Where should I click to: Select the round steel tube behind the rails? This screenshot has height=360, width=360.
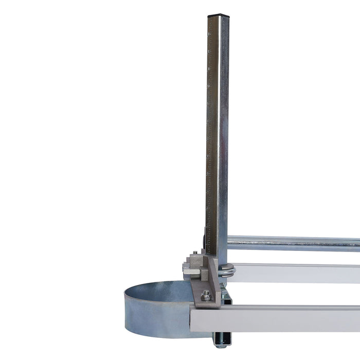pos(293,243)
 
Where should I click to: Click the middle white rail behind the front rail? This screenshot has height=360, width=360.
pos(298,273)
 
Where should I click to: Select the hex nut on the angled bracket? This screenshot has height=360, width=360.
pos(206,295)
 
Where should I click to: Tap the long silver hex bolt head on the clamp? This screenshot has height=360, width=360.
pos(186,267)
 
